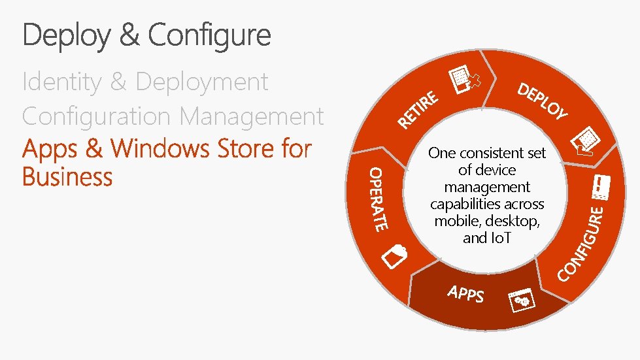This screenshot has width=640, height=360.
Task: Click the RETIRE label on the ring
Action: coord(419,110)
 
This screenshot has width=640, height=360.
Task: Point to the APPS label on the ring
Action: coord(466,293)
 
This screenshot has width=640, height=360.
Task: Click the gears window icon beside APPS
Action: coord(522,300)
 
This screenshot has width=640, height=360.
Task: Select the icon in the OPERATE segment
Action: coord(396,255)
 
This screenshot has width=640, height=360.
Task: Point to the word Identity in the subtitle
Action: coord(61,82)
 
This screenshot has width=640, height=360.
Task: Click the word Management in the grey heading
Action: coord(252,116)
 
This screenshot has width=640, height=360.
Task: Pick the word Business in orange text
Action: coord(67,176)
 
